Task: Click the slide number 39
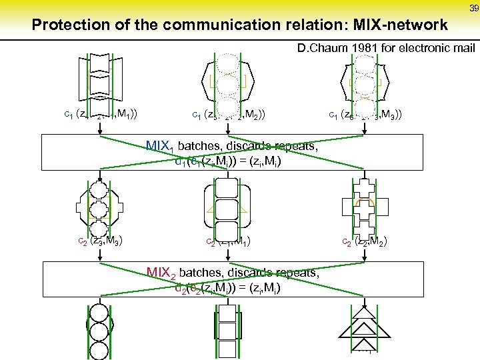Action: (473, 8)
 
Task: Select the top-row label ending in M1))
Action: (100, 114)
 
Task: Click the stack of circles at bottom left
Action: (99, 327)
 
